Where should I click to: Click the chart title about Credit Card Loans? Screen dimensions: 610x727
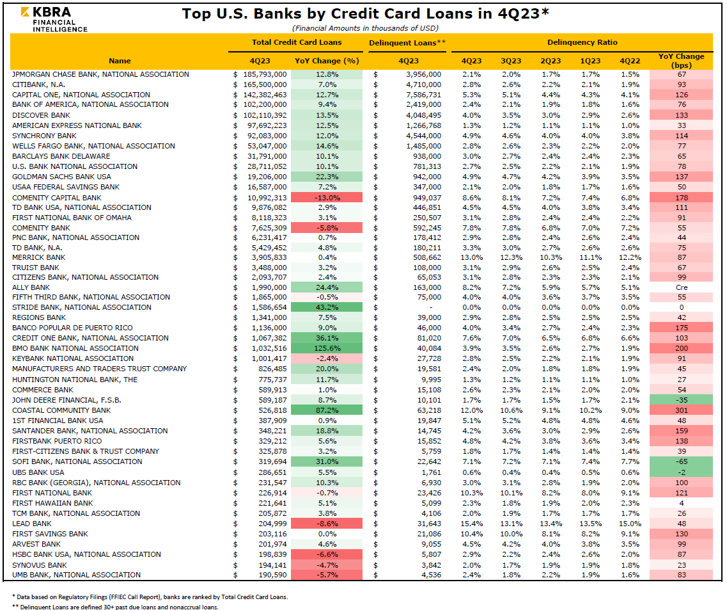[x=365, y=14]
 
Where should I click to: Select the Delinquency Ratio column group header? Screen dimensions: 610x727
[x=582, y=42]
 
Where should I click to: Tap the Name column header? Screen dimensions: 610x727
[x=120, y=61]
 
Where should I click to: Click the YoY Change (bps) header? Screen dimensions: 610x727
[x=680, y=61]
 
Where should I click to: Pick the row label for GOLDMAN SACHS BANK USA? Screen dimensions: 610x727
[x=61, y=177]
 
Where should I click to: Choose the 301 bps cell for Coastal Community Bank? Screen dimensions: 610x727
[x=680, y=410]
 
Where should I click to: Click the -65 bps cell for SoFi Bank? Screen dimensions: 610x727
[x=680, y=462]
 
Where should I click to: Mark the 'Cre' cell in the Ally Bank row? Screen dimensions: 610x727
[x=680, y=287]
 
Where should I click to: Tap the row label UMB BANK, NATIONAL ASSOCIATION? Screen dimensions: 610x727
[x=76, y=575]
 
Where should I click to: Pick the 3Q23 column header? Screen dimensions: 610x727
[x=511, y=61]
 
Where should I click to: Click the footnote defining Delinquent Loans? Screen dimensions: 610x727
[x=116, y=607]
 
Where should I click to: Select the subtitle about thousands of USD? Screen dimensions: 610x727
[x=364, y=28]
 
